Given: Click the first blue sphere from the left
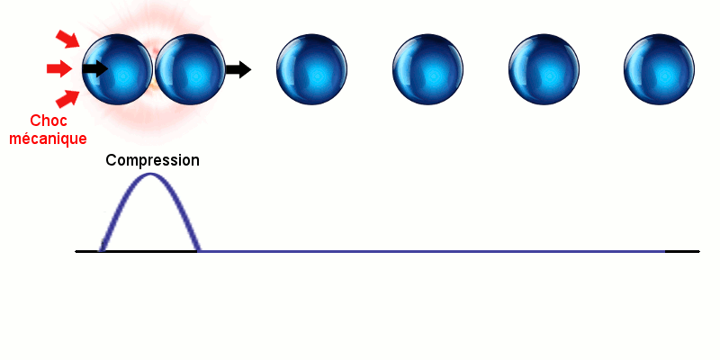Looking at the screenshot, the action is tap(118, 69).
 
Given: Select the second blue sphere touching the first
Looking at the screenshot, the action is tap(190, 69).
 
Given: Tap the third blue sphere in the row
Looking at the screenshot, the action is tap(311, 69).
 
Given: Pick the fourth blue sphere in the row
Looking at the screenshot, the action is tap(428, 69).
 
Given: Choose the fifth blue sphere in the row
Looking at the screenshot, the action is tap(544, 69).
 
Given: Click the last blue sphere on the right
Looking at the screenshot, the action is tap(660, 69).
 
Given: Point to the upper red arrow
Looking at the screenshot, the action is tap(67, 39).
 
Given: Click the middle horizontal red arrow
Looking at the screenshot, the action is tap(59, 69).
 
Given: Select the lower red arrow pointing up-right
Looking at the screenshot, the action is tap(67, 99).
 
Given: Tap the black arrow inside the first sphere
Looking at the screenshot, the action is tap(95, 69).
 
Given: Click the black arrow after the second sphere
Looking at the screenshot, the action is tap(238, 69).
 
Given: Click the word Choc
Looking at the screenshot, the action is tap(49, 121).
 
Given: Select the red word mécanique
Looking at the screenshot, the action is tap(49, 139).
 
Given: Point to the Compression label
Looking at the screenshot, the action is tap(152, 160).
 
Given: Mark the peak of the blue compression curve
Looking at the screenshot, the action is tap(150, 174).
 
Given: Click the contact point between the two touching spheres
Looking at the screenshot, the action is tap(154, 70).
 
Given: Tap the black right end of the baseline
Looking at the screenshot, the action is tap(699, 251).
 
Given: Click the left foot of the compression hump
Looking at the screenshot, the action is tap(101, 251).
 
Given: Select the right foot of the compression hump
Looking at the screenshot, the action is tap(198, 251).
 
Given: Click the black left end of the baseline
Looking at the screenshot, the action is tap(76, 251).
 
